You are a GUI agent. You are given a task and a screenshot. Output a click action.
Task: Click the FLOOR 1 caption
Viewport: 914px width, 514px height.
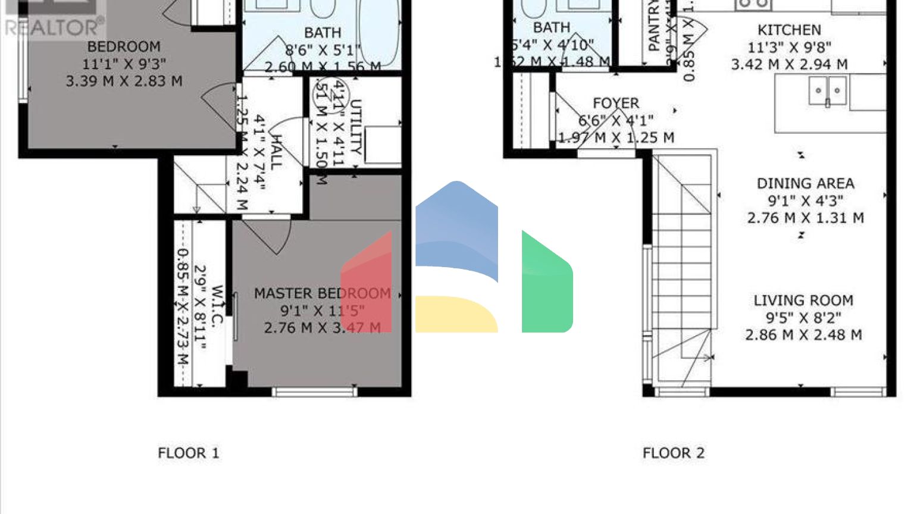coord(188,453)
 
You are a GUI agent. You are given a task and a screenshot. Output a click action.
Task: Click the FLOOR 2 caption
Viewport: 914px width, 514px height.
coord(673,453)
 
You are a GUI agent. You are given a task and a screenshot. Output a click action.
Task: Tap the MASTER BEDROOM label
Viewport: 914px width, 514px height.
coord(322,293)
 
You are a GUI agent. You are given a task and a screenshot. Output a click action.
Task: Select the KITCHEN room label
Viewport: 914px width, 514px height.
coord(789,30)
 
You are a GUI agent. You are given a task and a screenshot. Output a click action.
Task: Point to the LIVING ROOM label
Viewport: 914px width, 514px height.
coord(803,300)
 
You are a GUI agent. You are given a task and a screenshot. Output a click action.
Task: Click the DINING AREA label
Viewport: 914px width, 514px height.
coord(805,183)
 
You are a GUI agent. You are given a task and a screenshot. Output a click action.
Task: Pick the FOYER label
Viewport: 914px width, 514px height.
coord(616,103)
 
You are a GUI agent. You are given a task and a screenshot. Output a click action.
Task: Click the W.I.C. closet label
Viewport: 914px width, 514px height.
coord(217,306)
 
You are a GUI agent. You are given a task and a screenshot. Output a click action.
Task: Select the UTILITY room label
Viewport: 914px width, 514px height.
coord(355,127)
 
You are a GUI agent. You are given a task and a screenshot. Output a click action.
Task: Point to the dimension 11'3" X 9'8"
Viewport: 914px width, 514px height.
coord(789,47)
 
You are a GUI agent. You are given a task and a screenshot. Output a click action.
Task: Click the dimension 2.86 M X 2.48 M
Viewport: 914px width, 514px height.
coord(803,335)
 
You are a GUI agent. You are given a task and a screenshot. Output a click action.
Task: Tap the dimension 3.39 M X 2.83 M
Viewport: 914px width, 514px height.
coord(124,81)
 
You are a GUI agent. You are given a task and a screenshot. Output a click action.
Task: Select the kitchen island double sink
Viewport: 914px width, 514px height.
coord(827,91)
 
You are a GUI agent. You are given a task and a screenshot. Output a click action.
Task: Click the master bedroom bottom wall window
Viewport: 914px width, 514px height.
coord(314,391)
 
